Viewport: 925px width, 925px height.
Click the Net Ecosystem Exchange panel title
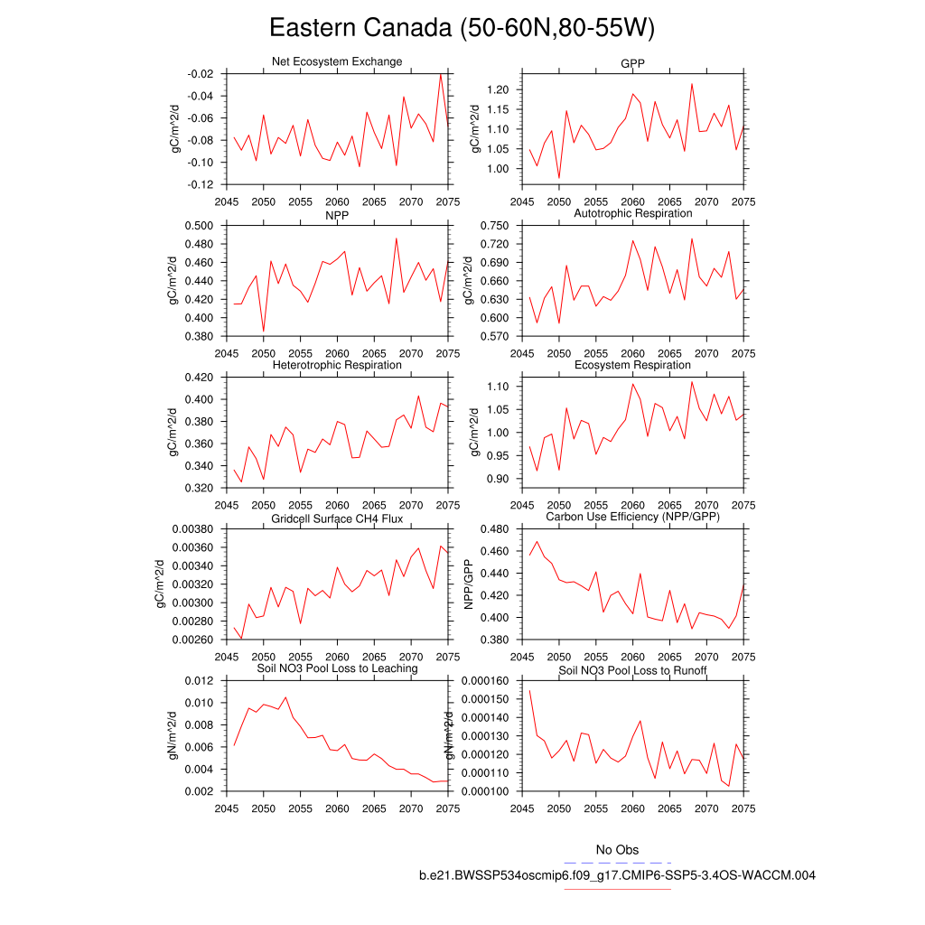(x=337, y=61)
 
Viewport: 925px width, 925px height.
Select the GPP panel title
(x=632, y=63)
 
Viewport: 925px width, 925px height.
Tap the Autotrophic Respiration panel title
(x=632, y=213)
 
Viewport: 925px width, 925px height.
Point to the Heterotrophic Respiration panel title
(x=337, y=365)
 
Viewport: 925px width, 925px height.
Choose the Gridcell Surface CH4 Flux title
(x=337, y=519)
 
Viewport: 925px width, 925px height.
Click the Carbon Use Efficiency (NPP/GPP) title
(x=632, y=517)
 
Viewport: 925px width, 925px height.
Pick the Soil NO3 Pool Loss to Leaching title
(x=337, y=668)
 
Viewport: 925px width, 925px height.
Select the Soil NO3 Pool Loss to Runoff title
(x=632, y=671)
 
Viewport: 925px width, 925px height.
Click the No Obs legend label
(x=617, y=850)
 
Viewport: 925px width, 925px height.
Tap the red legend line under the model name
(x=617, y=889)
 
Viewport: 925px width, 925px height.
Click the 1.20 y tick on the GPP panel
(x=497, y=89)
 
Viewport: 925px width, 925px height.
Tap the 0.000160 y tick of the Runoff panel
(x=485, y=681)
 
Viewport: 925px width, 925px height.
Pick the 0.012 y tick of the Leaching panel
(x=200, y=681)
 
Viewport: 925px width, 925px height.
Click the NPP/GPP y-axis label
(x=469, y=584)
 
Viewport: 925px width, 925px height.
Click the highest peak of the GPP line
(x=692, y=84)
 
